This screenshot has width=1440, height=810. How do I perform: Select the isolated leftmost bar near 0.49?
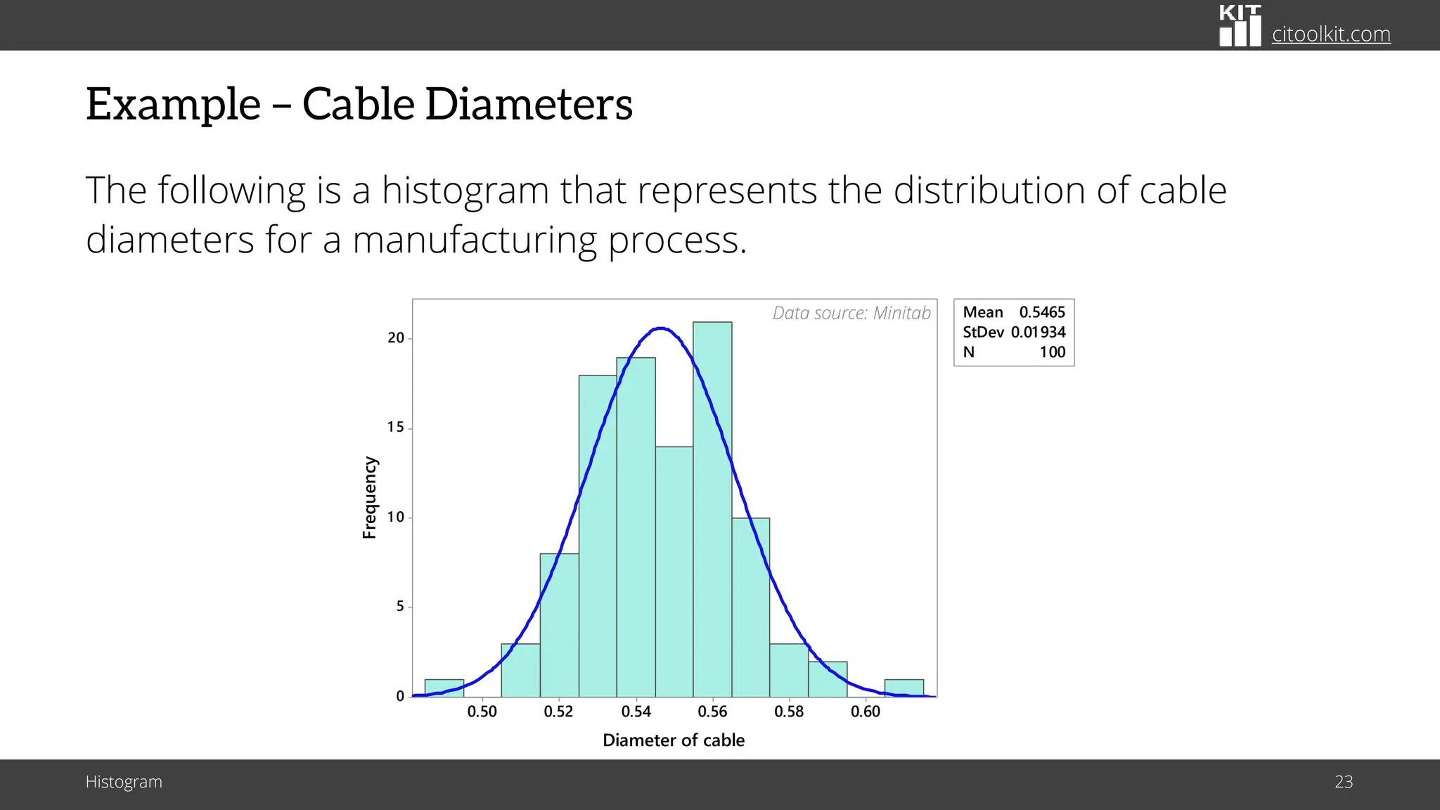click(x=444, y=688)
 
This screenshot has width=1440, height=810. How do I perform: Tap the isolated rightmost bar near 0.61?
click(x=904, y=688)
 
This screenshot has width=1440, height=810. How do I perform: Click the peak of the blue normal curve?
click(x=661, y=328)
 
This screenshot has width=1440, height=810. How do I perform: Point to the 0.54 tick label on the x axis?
click(x=636, y=712)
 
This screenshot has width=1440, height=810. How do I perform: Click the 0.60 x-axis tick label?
click(x=865, y=712)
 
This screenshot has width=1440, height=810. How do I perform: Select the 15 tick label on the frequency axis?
click(x=396, y=427)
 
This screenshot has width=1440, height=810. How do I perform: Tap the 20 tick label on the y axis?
click(x=396, y=338)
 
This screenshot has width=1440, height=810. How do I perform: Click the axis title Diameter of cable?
click(x=673, y=740)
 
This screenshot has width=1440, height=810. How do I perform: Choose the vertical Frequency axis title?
click(x=369, y=497)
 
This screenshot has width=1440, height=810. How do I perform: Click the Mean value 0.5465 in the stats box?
click(x=1042, y=312)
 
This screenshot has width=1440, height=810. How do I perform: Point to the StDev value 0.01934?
click(x=1038, y=332)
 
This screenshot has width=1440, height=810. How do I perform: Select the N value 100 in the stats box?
click(x=1052, y=352)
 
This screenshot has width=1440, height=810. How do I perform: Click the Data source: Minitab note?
click(x=851, y=313)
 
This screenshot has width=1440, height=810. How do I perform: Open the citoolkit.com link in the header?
click(x=1330, y=34)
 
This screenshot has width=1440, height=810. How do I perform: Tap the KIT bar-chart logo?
click(x=1240, y=26)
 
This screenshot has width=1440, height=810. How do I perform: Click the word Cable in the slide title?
click(x=358, y=104)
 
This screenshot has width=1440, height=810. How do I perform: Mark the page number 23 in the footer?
click(x=1343, y=782)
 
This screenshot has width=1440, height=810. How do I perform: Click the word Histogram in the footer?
click(x=124, y=782)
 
